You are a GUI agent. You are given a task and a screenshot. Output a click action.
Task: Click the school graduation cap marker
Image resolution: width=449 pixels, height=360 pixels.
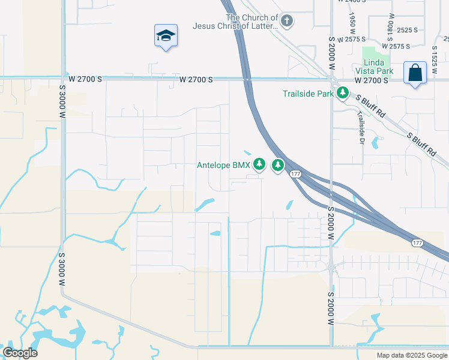click(x=165, y=36)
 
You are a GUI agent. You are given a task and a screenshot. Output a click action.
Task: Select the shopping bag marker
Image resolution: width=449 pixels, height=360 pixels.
click(x=415, y=73)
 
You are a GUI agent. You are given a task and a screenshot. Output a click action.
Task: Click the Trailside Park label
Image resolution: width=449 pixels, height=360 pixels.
click(x=308, y=94)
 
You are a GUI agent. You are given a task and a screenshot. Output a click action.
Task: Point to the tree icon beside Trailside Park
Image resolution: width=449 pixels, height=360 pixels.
click(x=342, y=93)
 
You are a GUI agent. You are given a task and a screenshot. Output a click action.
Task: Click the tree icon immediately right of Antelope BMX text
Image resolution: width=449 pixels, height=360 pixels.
click(x=259, y=164)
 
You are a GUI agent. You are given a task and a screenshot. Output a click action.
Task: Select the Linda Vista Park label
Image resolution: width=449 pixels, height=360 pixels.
click(x=378, y=67)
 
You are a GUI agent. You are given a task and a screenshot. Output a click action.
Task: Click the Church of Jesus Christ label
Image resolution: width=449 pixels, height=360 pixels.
click(x=235, y=22)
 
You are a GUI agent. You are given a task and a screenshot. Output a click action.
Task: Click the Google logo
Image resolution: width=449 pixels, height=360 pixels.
click(x=20, y=353)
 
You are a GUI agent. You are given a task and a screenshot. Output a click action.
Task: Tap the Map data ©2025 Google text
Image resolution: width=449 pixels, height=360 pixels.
click(x=411, y=355)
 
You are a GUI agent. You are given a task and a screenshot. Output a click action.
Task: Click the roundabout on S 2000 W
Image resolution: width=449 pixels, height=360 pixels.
click(x=331, y=268)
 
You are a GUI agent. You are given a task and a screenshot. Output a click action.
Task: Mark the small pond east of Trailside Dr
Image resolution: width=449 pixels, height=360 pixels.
click(x=375, y=143)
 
